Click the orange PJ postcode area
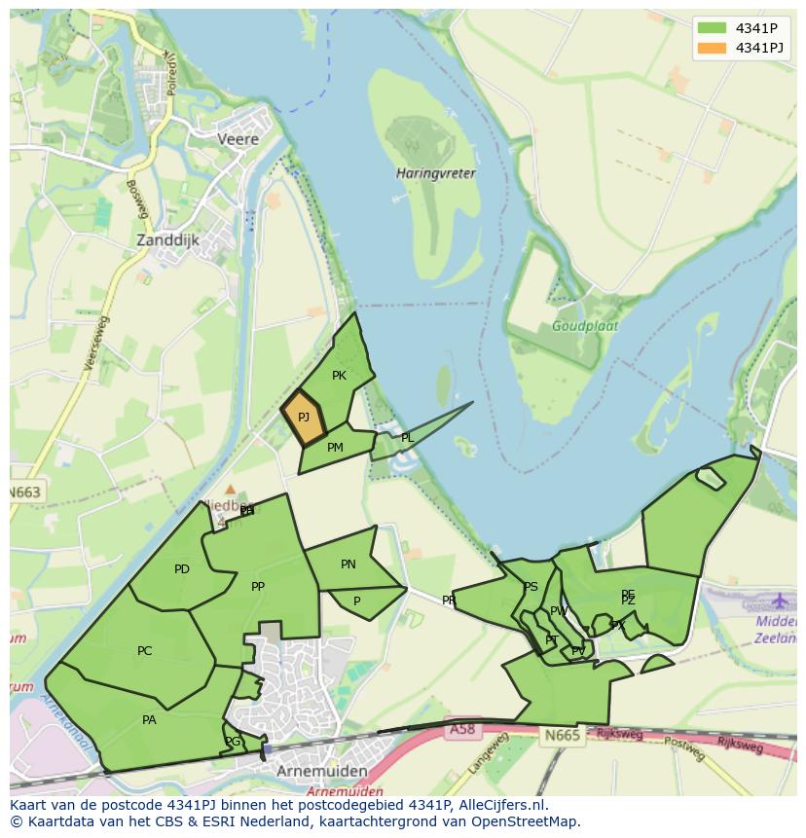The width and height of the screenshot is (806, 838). (304, 418)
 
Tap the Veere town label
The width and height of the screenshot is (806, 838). (238, 139)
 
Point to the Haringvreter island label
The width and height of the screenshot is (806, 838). (435, 173)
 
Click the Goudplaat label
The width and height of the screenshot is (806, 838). (584, 327)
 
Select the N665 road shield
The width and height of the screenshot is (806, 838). (562, 735)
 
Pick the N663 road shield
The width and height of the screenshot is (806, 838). (25, 492)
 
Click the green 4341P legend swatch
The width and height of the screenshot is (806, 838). (712, 27)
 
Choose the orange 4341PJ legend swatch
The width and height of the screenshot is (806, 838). (712, 48)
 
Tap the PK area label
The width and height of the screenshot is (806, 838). (339, 376)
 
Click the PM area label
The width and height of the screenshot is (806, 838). (335, 448)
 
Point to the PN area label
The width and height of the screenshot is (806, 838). (348, 565)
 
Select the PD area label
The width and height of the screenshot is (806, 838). (182, 569)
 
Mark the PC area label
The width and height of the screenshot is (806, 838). (145, 651)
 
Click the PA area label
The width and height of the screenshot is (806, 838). (149, 720)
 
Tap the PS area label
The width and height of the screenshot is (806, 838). (531, 587)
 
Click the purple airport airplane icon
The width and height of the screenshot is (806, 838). (781, 600)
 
